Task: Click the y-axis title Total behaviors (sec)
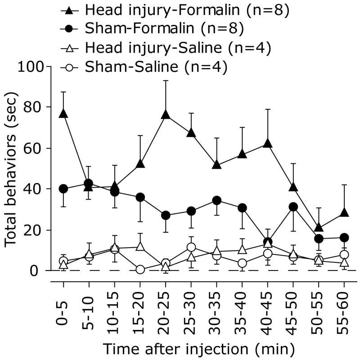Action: pyautogui.click(x=11, y=169)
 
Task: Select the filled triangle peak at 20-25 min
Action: pyautogui.click(x=166, y=115)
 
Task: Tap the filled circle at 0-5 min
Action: pyautogui.click(x=63, y=189)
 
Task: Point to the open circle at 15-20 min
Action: pyautogui.click(x=140, y=269)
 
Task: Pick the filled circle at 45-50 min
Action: pyautogui.click(x=293, y=207)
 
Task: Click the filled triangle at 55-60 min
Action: pyautogui.click(x=344, y=213)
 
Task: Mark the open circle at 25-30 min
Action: pyautogui.click(x=191, y=247)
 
